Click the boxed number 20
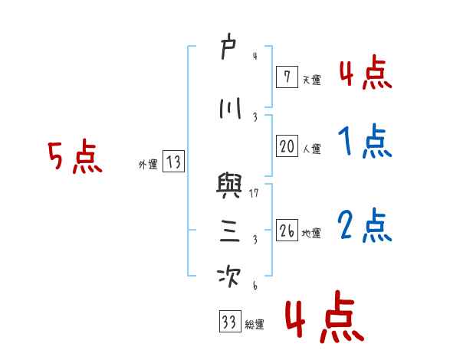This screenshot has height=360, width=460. click(287, 147)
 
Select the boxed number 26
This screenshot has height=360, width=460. click(287, 231)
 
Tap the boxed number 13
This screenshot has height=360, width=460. click(173, 162)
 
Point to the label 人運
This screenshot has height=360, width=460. click(311, 149)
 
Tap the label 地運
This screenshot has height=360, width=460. click(311, 233)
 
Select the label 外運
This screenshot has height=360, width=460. click(147, 164)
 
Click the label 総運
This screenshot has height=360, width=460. click(255, 325)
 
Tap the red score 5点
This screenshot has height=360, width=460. click(74, 158)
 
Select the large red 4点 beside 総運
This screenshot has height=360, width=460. click(324, 322)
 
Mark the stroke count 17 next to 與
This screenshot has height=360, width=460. click(254, 193)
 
